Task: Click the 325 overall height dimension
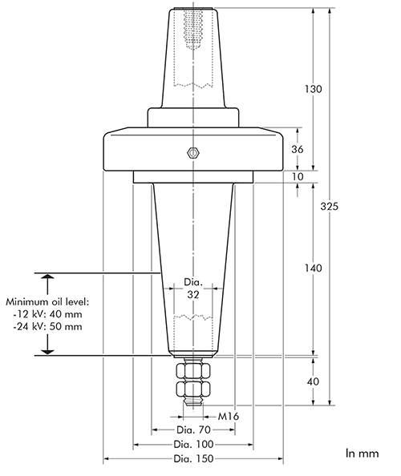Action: [329, 207]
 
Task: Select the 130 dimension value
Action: [313, 89]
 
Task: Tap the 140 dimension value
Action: [313, 268]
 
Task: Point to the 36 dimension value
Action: [297, 149]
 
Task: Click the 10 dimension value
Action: [297, 176]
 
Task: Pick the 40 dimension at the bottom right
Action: [313, 381]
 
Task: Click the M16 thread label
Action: [229, 416]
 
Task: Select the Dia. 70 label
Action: [193, 430]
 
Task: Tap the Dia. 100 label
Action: [193, 445]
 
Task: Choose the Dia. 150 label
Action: [193, 458]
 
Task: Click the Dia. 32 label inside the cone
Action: [193, 288]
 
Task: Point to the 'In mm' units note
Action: [363, 454]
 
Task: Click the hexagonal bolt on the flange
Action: [193, 153]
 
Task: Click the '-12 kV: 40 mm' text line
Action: [47, 314]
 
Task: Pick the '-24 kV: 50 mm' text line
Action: [47, 327]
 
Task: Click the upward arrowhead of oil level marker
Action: [47, 276]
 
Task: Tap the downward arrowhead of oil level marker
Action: [47, 352]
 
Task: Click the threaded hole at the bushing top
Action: [193, 29]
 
